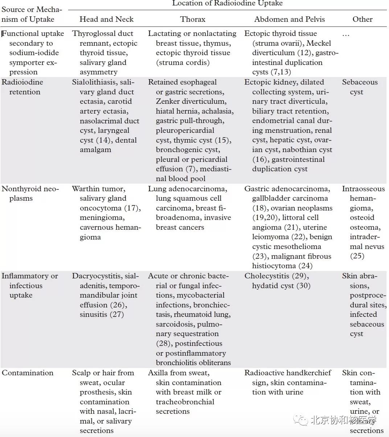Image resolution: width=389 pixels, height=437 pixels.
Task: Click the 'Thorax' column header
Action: (x=193, y=19)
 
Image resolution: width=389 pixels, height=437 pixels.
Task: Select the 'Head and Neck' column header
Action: (x=106, y=19)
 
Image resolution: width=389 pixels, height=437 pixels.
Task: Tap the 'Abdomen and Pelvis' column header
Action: (x=289, y=19)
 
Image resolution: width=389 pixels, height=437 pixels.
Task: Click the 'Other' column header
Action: (x=362, y=19)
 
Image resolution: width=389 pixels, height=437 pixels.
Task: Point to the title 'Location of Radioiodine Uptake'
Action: (x=227, y=4)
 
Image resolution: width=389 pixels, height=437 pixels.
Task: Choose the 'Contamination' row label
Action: (x=28, y=373)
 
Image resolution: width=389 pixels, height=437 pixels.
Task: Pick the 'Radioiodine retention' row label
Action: (x=22, y=87)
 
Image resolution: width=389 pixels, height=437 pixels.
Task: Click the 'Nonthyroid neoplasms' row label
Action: (x=30, y=193)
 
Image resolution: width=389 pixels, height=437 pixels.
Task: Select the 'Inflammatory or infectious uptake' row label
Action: (x=29, y=285)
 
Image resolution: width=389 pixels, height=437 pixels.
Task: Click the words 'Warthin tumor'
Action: (x=98, y=189)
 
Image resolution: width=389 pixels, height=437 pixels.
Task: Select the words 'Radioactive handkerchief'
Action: (x=288, y=373)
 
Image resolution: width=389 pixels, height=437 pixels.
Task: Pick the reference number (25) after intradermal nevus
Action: (x=357, y=256)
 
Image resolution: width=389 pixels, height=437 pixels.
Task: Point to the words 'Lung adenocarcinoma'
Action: (x=187, y=189)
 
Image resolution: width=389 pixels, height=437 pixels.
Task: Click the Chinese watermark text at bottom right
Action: (x=343, y=420)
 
